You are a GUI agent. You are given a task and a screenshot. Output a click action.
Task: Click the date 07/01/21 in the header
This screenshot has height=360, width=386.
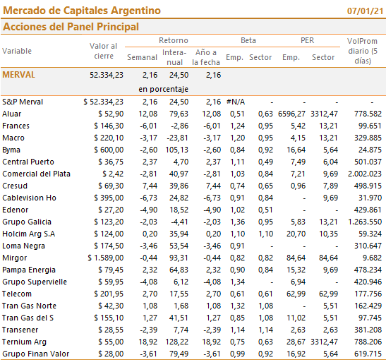(365, 11)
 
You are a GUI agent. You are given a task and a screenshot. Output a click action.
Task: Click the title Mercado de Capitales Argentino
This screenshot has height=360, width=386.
(82, 11)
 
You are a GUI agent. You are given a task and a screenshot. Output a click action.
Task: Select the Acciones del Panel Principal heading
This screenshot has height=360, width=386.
(71, 27)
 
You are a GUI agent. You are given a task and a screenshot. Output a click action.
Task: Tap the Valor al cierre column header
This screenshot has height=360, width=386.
(104, 51)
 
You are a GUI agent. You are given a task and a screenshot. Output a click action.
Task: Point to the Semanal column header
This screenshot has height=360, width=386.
(142, 57)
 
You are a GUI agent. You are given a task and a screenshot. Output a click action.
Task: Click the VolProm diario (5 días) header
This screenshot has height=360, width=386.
(363, 51)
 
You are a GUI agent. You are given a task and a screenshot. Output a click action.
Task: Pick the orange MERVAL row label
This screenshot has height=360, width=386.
(19, 75)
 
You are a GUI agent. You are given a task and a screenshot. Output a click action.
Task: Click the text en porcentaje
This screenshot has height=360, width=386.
(163, 89)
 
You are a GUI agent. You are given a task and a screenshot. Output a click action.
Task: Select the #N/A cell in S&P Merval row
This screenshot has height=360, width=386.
(236, 102)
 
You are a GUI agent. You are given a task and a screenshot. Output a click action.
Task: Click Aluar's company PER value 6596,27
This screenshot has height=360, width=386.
(291, 114)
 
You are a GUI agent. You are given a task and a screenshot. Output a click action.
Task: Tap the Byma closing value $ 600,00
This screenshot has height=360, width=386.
(109, 150)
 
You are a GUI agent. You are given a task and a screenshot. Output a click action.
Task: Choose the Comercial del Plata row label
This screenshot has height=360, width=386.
(37, 174)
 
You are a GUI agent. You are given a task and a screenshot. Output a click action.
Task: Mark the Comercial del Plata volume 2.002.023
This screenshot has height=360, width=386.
(365, 174)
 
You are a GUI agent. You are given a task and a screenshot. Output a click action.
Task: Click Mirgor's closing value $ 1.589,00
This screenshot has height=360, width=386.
(106, 258)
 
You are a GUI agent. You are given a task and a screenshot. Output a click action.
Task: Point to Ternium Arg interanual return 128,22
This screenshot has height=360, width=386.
(176, 342)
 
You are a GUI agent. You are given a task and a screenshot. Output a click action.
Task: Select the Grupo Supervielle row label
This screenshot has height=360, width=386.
(35, 282)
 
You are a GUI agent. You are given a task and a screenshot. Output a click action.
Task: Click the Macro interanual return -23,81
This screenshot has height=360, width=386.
(177, 138)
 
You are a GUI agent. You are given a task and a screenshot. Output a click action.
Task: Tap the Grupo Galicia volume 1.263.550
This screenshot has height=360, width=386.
(365, 222)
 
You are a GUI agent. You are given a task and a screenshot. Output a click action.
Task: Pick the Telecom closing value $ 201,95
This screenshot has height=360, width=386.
(109, 294)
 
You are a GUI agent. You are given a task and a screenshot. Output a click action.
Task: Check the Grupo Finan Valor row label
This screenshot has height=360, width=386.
(36, 354)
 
